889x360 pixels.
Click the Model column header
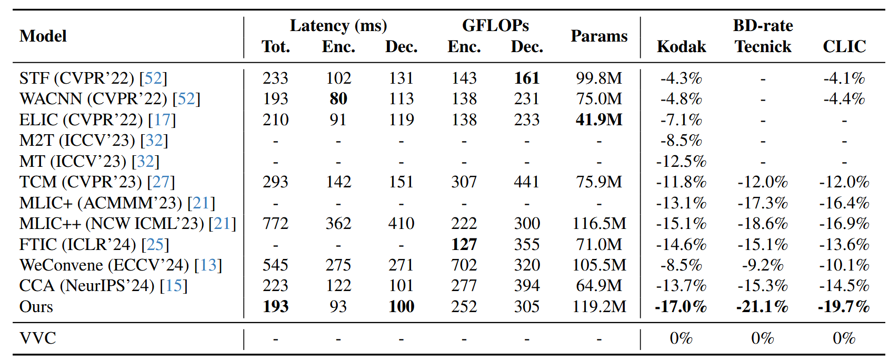click(43, 36)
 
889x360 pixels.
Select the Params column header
click(599, 36)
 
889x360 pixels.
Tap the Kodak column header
click(681, 47)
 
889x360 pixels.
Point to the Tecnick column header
click(763, 47)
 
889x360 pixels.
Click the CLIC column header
click(844, 47)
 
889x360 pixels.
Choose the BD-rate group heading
click(763, 26)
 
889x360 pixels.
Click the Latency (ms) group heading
click(338, 26)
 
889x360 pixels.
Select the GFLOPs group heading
click(495, 26)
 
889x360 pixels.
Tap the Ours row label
click(36, 307)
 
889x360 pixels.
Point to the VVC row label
click(37, 338)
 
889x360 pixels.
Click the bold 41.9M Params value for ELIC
click(599, 120)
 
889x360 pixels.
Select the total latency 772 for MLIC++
click(275, 224)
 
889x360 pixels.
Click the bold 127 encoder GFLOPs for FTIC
click(464, 245)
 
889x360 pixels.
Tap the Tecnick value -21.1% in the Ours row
click(762, 307)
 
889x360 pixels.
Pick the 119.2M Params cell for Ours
click(599, 307)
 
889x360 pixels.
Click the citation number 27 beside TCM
click(161, 182)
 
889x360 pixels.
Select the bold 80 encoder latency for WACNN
click(338, 99)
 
